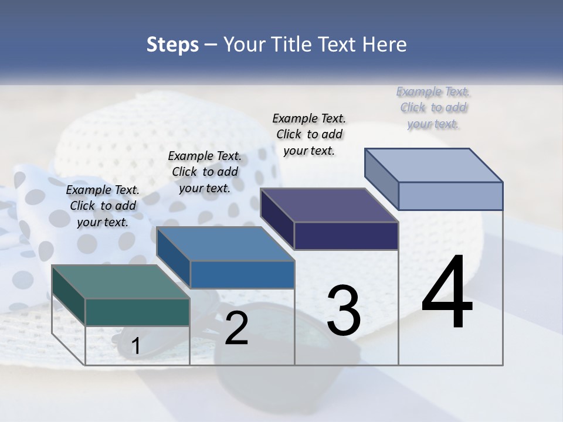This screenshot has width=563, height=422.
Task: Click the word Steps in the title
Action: [172, 45]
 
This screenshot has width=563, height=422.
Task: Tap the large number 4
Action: [447, 293]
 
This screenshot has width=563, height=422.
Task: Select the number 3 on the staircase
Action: [344, 311]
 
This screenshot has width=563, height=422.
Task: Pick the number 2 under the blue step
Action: [236, 329]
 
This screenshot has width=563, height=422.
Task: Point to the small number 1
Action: [135, 346]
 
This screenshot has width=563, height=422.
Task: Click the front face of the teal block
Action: [137, 312]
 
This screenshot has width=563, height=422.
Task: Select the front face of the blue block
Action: [242, 274]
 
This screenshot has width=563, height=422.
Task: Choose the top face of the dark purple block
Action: [329, 205]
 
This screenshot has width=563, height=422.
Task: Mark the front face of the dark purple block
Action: [346, 236]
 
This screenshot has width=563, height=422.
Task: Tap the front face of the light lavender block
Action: [450, 196]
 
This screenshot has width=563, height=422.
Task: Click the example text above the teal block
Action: [103, 206]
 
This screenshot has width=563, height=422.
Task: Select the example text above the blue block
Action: [205, 172]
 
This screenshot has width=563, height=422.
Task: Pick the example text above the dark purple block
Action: [309, 134]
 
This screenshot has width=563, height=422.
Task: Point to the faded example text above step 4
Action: [433, 107]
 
